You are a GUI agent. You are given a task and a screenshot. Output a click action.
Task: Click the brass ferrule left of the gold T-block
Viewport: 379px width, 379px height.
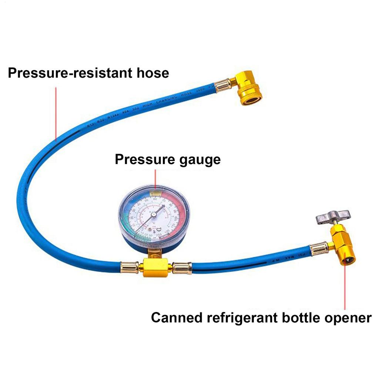click(130, 267)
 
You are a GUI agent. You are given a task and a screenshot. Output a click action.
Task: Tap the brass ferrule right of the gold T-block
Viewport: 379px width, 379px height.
click(182, 268)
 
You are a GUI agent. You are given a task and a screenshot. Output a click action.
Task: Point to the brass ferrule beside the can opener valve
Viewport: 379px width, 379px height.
click(319, 248)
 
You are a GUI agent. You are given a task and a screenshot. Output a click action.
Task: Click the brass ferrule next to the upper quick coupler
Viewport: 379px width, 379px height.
click(223, 85)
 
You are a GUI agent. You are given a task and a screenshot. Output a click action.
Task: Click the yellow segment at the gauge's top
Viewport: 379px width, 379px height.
click(155, 192)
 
